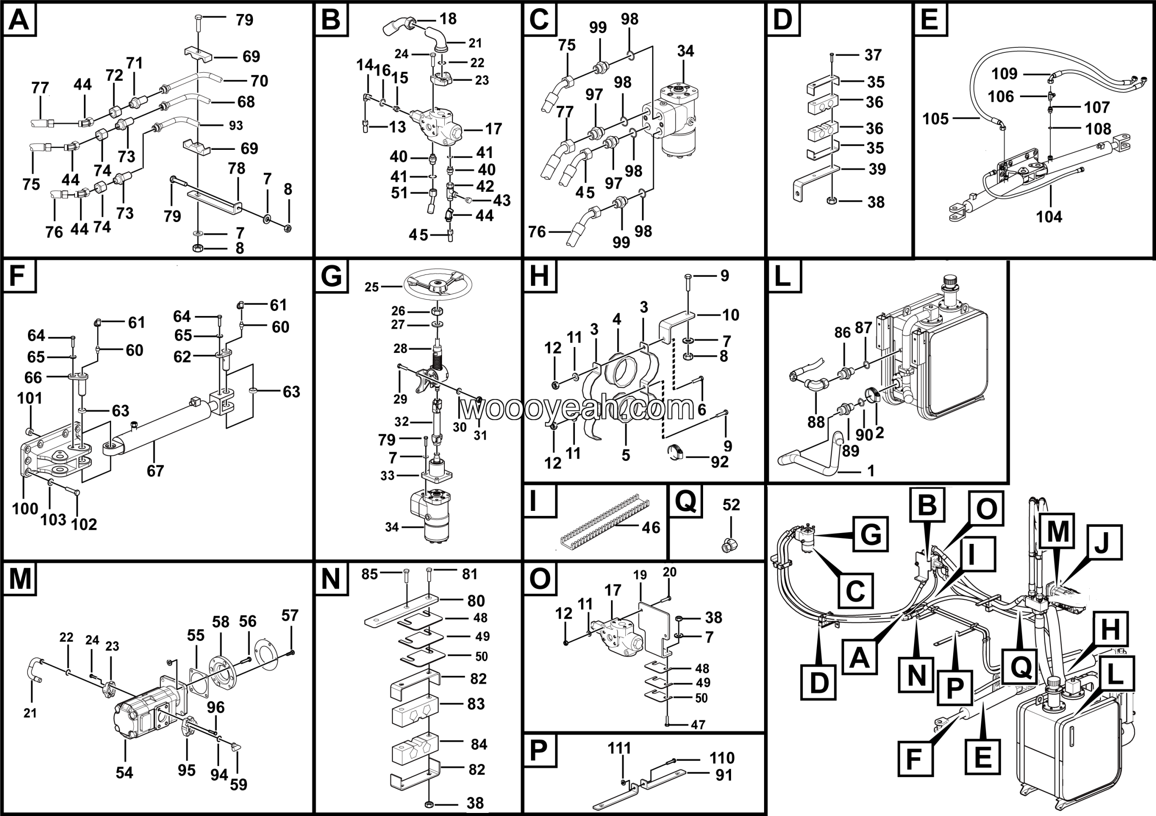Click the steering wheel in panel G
(437, 285)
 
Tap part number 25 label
(372, 287)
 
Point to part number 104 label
(1049, 217)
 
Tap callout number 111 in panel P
(619, 748)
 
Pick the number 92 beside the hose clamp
(719, 461)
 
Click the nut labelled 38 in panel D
(832, 201)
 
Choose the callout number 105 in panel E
(935, 119)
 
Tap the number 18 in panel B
(447, 19)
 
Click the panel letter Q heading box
(685, 501)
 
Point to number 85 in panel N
(369, 574)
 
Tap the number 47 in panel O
(698, 724)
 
